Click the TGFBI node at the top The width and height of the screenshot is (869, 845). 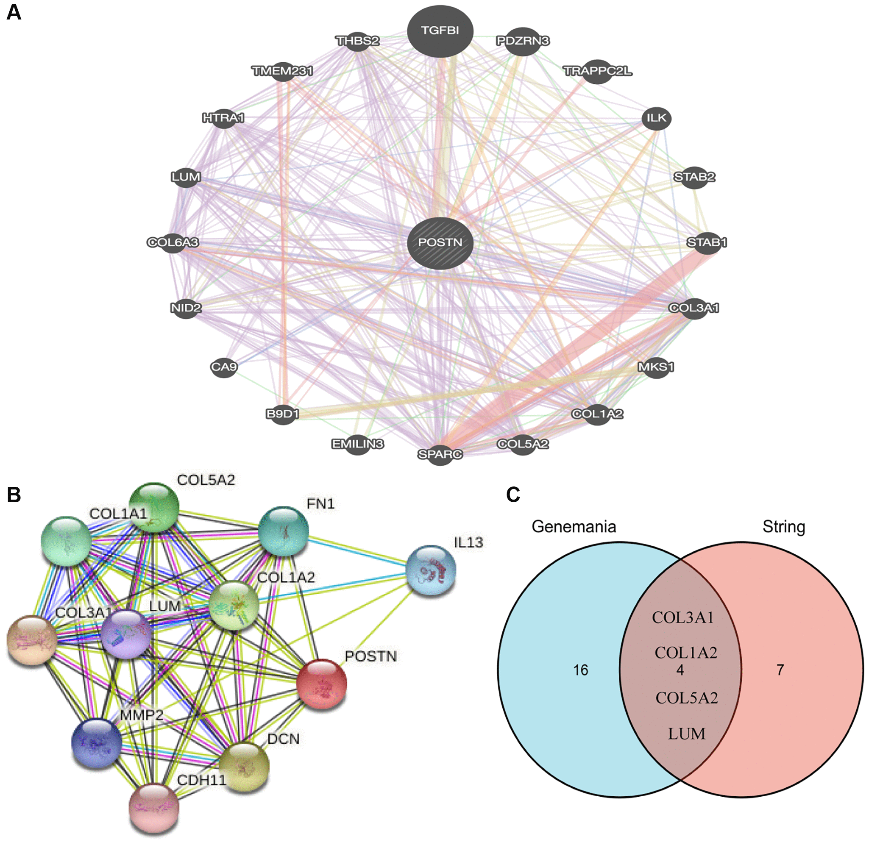point(440,31)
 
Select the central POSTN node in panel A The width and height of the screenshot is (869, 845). point(440,243)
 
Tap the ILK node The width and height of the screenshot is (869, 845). point(656,118)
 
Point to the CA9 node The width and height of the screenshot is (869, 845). point(224,367)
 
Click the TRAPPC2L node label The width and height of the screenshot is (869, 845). point(597,71)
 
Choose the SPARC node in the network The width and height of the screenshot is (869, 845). point(440,454)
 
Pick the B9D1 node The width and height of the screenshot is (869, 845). point(282,414)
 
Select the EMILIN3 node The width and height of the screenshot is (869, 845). point(357,444)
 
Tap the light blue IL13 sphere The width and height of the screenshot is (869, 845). point(431,571)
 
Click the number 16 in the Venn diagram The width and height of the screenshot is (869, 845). point(580,670)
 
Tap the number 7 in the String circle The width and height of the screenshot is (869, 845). point(780,670)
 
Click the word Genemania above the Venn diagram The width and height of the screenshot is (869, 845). point(574,527)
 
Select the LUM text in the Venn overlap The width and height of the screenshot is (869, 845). point(686,734)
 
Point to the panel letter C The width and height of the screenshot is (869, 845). point(513,495)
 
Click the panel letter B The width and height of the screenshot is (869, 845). point(14,495)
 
